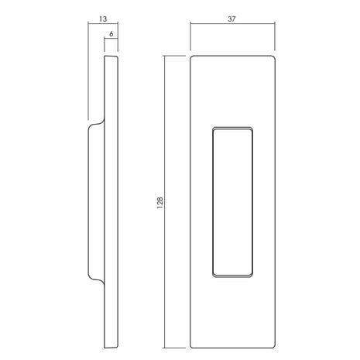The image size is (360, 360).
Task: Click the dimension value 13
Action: [103, 19]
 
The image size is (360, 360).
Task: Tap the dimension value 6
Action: [111, 33]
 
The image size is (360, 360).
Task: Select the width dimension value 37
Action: [231, 19]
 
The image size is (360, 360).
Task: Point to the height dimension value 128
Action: [160, 203]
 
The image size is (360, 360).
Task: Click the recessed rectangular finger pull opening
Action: [232, 202]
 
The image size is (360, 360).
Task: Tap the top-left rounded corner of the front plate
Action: [191, 57]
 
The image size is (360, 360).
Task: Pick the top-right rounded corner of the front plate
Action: [273, 57]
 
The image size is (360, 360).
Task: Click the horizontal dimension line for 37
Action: [232, 23]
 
